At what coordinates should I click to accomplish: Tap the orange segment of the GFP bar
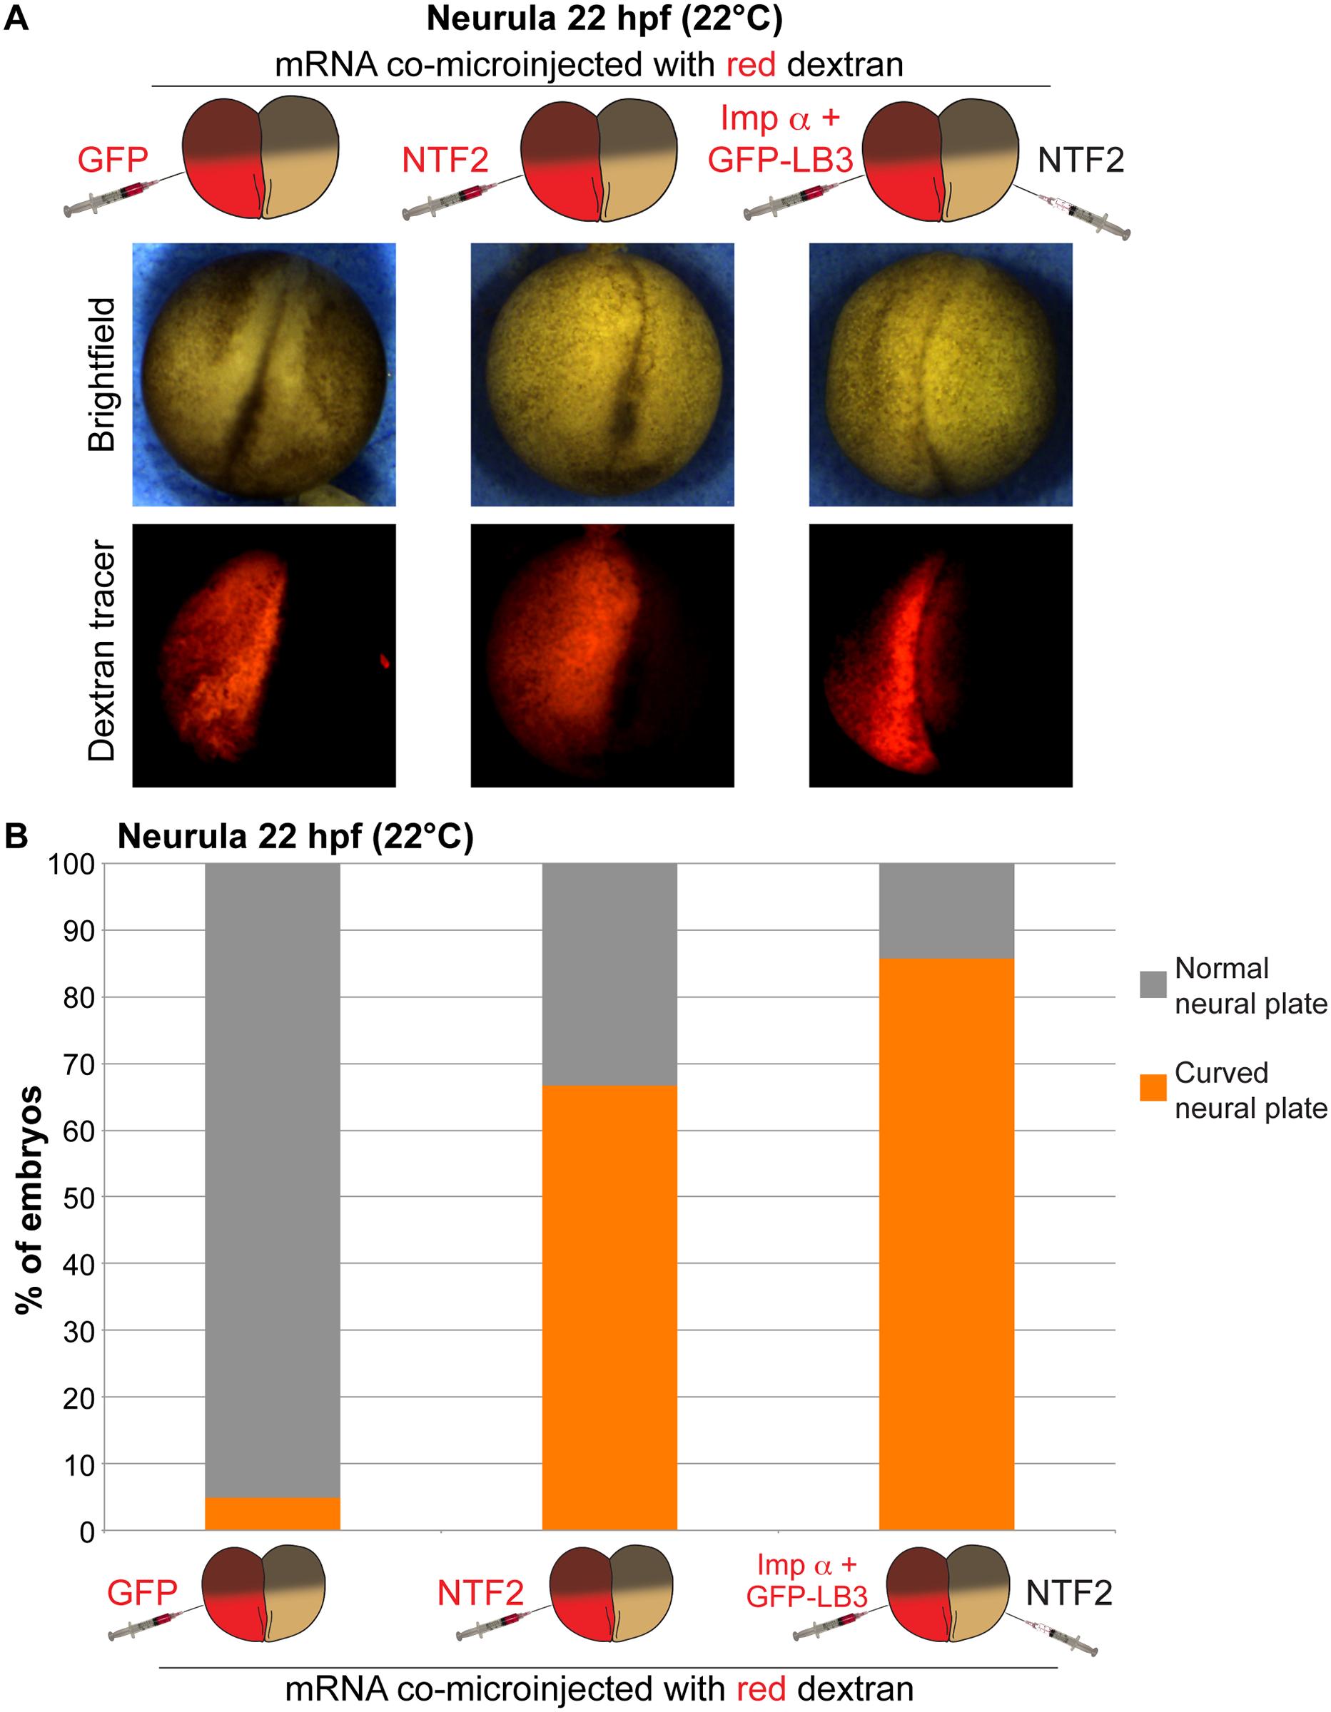coord(272,1514)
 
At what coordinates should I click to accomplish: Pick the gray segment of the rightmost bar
coord(946,910)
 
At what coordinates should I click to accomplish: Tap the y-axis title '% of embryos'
coord(30,1199)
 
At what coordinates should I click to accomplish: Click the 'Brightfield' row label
coord(103,374)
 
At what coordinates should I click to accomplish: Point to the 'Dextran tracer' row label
coord(103,651)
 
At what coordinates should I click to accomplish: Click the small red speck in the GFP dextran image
coord(385,661)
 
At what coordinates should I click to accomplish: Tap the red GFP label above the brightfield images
coord(113,160)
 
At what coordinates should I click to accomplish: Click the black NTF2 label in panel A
coord(1080,160)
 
